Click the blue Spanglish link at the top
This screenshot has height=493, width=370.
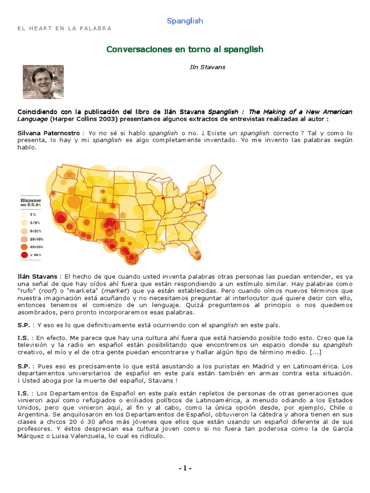(185, 21)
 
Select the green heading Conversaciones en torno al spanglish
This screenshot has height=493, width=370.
(185, 50)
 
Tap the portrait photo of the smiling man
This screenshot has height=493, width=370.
(43, 82)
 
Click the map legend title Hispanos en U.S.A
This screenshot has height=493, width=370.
(30, 202)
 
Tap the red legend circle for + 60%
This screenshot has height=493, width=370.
(25, 254)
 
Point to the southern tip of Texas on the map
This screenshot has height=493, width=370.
(131, 260)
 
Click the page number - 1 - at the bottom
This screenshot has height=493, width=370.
(185, 468)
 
